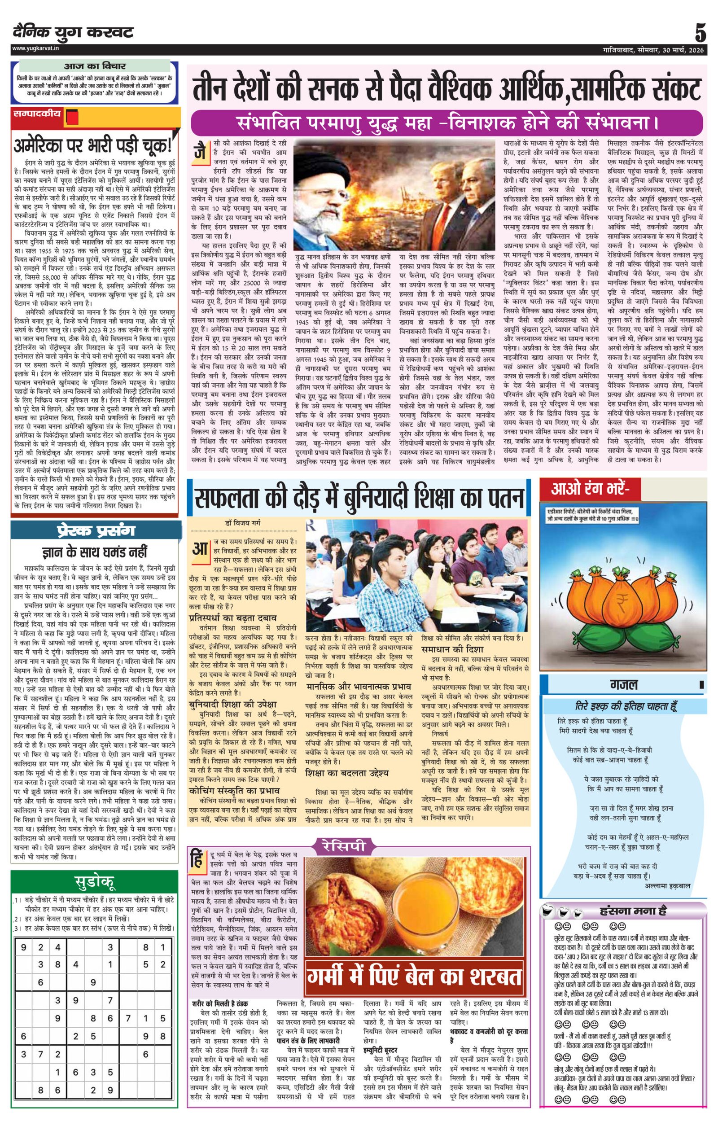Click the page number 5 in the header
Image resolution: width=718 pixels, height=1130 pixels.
pyautogui.click(x=700, y=34)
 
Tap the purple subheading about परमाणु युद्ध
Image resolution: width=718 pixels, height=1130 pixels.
pyautogui.click(x=447, y=124)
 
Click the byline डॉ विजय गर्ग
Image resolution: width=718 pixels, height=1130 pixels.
pyautogui.click(x=243, y=523)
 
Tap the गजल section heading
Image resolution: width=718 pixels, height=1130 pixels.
pyautogui.click(x=624, y=685)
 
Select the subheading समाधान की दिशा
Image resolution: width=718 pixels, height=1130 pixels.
pyautogui.click(x=449, y=649)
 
